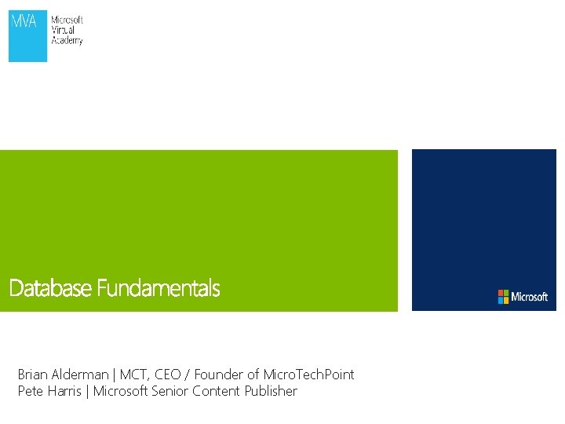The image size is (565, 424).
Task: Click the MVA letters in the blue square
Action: (23, 21)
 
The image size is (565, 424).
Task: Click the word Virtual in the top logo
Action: (64, 30)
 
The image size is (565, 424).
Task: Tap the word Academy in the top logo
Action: (67, 40)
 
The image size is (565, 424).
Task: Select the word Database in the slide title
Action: (50, 289)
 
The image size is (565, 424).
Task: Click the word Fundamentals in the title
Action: (158, 289)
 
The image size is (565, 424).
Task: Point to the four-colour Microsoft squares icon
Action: (503, 297)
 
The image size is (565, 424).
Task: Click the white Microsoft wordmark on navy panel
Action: (530, 297)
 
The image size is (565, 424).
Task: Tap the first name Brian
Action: (33, 375)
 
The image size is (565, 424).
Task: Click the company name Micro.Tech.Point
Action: (308, 375)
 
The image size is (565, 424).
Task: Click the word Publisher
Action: (271, 391)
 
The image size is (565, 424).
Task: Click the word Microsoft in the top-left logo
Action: (67, 20)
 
